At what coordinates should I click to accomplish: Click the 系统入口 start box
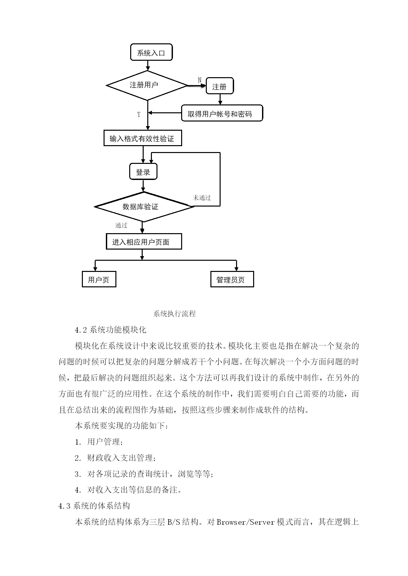[x=151, y=53]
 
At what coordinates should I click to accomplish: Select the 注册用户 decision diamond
[x=147, y=85]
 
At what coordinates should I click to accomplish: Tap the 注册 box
[x=220, y=86]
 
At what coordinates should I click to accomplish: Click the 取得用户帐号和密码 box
[x=222, y=114]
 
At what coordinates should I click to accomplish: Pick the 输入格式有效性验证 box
[x=142, y=139]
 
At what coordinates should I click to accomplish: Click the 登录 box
[x=143, y=172]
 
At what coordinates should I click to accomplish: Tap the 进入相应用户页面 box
[x=144, y=242]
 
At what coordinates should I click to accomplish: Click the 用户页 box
[x=99, y=279]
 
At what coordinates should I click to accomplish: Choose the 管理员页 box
[x=232, y=279]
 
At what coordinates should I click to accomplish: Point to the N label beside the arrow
[x=200, y=80]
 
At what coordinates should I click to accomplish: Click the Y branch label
[x=139, y=115]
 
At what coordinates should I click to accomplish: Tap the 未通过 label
[x=202, y=198]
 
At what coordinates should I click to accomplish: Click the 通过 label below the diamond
[x=121, y=225]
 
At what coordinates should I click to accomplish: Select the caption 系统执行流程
[x=175, y=314]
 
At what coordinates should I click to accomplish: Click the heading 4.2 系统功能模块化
[x=110, y=329]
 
